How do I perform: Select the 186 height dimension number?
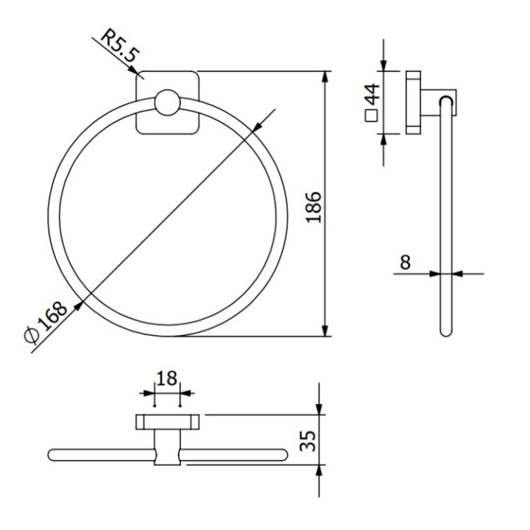tap(313, 208)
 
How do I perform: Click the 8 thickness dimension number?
tap(406, 261)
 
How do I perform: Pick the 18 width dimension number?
tap(167, 379)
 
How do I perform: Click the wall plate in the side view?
tap(414, 103)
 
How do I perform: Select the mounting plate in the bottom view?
tap(168, 423)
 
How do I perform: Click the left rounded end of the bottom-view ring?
tap(52, 453)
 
